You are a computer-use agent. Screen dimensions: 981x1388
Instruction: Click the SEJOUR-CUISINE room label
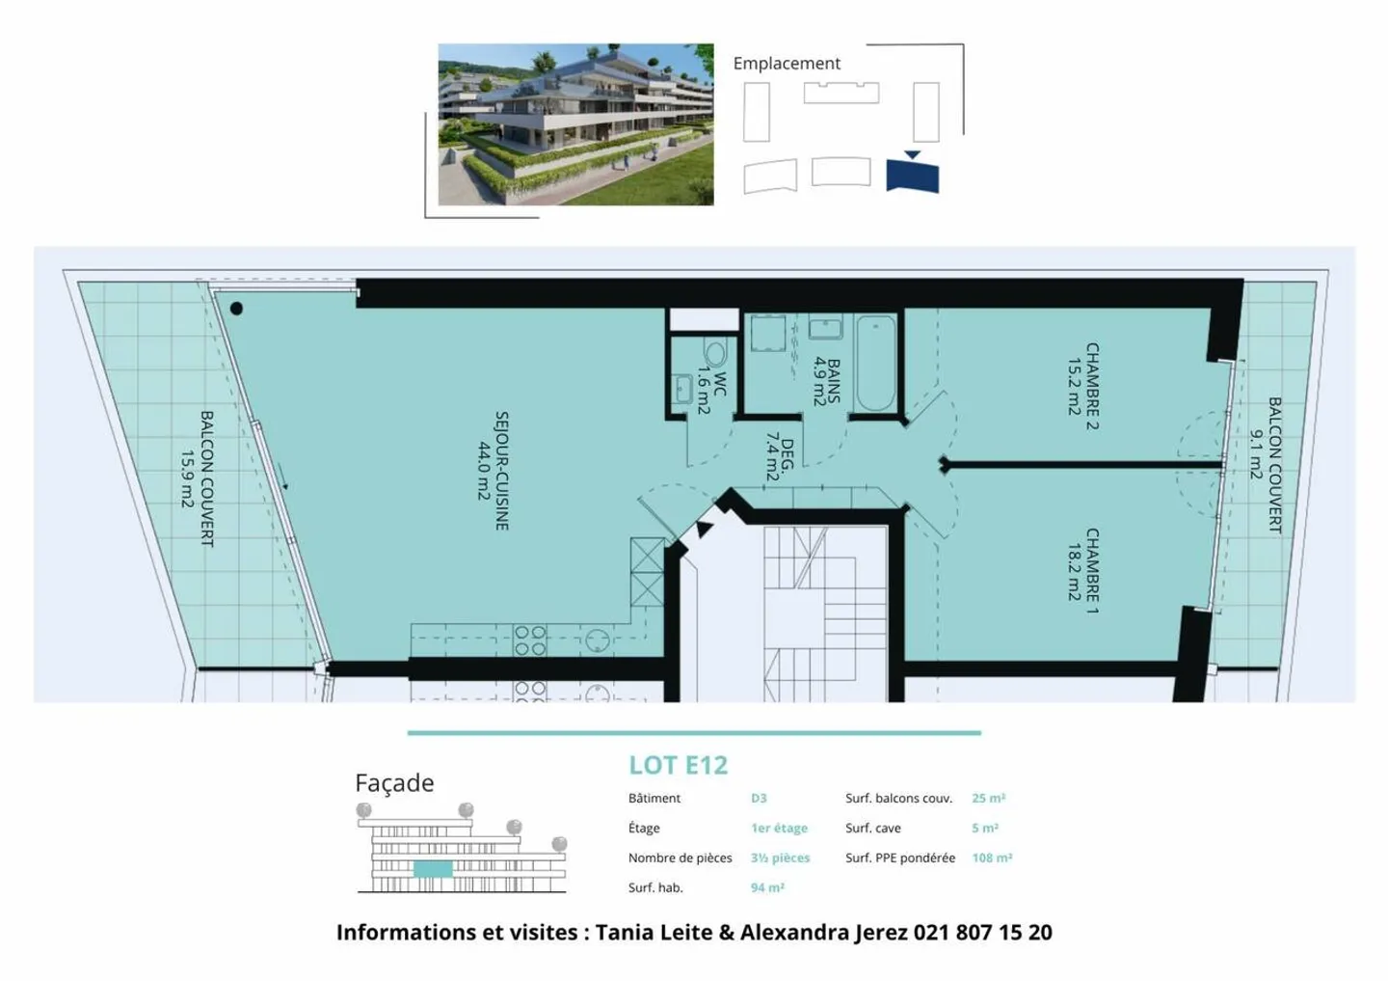[501, 471]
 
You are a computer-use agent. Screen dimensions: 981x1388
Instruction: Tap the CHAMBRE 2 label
[1092, 385]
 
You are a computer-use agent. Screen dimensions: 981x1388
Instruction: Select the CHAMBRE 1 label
[1092, 570]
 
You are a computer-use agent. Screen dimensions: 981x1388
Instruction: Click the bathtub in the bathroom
[875, 363]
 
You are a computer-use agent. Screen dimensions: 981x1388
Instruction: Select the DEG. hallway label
[787, 455]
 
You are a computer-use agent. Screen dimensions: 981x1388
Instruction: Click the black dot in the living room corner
[236, 309]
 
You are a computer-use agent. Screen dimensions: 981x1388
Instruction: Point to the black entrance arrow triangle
[705, 529]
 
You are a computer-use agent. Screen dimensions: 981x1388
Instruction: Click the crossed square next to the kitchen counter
[647, 571]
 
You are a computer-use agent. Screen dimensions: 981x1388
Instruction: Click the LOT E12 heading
[678, 765]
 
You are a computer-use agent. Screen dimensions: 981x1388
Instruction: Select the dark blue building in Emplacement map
[912, 176]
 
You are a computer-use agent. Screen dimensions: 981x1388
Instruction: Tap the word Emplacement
[787, 64]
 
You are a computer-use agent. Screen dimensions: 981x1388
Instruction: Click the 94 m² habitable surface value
[767, 887]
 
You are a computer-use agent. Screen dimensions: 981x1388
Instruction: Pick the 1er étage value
[779, 828]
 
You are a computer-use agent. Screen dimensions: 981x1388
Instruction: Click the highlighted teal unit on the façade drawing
[433, 868]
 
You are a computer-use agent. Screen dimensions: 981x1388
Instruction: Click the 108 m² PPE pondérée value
[992, 858]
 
